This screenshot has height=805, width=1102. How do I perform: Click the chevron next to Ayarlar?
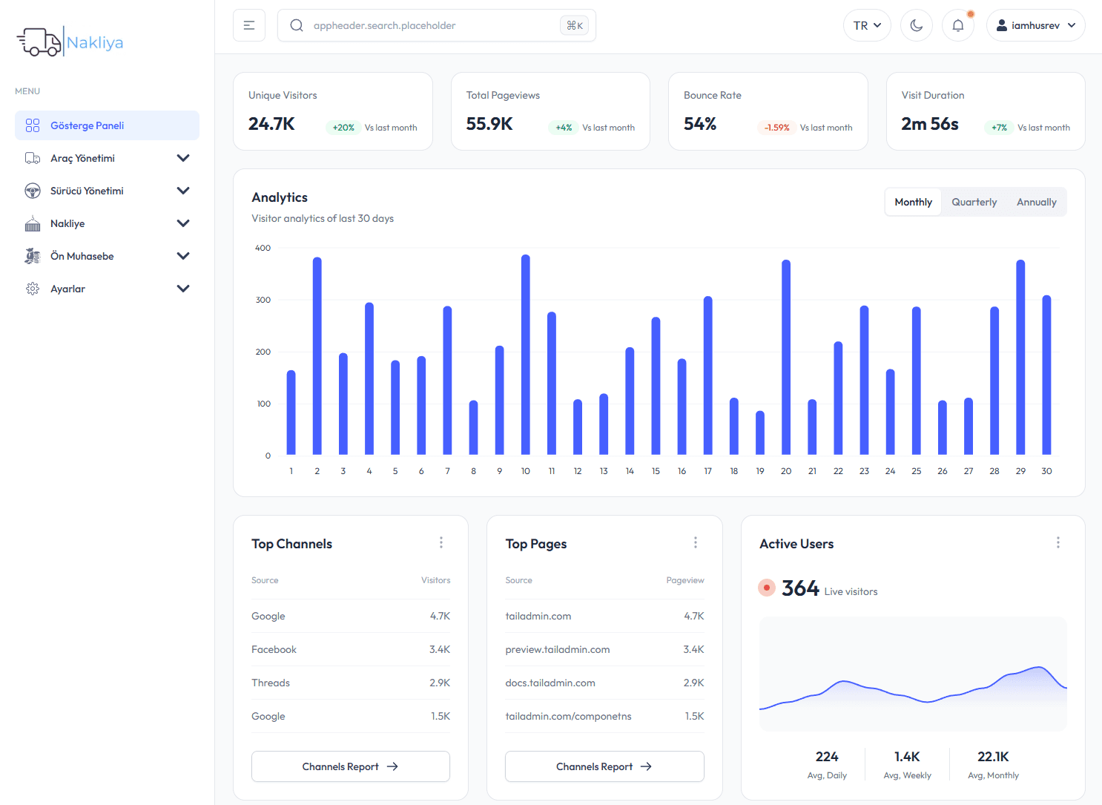click(x=183, y=289)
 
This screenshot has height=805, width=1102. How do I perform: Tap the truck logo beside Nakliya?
click(x=39, y=42)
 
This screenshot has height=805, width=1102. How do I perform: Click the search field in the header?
click(x=436, y=25)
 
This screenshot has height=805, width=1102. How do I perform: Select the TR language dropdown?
click(x=866, y=25)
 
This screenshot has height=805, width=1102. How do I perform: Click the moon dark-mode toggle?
click(x=916, y=25)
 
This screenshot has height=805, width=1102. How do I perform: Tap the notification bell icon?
click(x=957, y=25)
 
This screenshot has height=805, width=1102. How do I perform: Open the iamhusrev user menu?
click(x=1035, y=25)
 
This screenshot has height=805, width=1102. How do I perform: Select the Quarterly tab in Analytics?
click(x=974, y=202)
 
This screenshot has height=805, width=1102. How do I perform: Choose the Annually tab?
click(x=1036, y=202)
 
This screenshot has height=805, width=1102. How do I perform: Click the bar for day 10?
click(x=526, y=356)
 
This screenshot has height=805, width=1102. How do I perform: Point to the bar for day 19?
click(x=760, y=433)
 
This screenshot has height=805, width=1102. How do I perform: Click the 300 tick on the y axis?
click(x=263, y=300)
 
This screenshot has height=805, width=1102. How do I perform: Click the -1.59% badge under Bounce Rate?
click(x=776, y=128)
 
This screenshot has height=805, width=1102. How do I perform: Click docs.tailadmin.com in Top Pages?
click(x=550, y=683)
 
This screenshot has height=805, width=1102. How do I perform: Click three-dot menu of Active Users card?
click(x=1058, y=543)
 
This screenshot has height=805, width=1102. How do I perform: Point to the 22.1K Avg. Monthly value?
click(x=993, y=757)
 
